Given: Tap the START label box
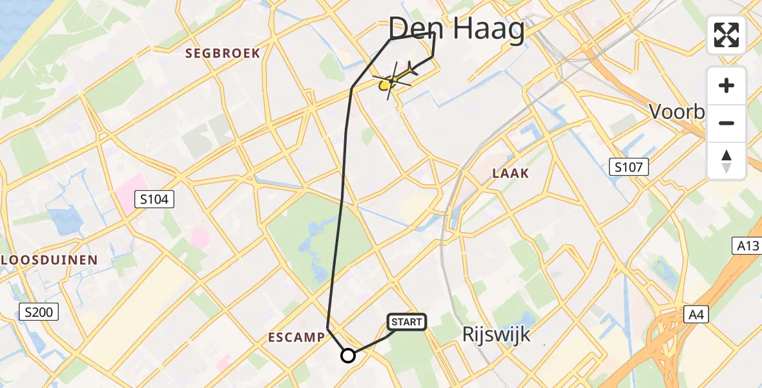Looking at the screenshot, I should pyautogui.click(x=407, y=321).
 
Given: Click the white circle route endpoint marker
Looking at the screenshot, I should pyautogui.click(x=348, y=355).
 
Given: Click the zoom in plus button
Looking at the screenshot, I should pyautogui.click(x=726, y=85).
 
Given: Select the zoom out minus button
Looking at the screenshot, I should pyautogui.click(x=726, y=123).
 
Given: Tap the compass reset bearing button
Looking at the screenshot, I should pyautogui.click(x=726, y=160).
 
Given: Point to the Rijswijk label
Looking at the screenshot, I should pyautogui.click(x=497, y=334).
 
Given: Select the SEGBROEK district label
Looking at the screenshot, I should pyautogui.click(x=223, y=53).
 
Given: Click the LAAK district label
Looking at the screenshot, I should pyautogui.click(x=510, y=173).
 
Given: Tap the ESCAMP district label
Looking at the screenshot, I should pyautogui.click(x=296, y=337).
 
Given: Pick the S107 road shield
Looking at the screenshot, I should pyautogui.click(x=629, y=168).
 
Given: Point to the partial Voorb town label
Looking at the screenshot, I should pyautogui.click(x=677, y=112).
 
